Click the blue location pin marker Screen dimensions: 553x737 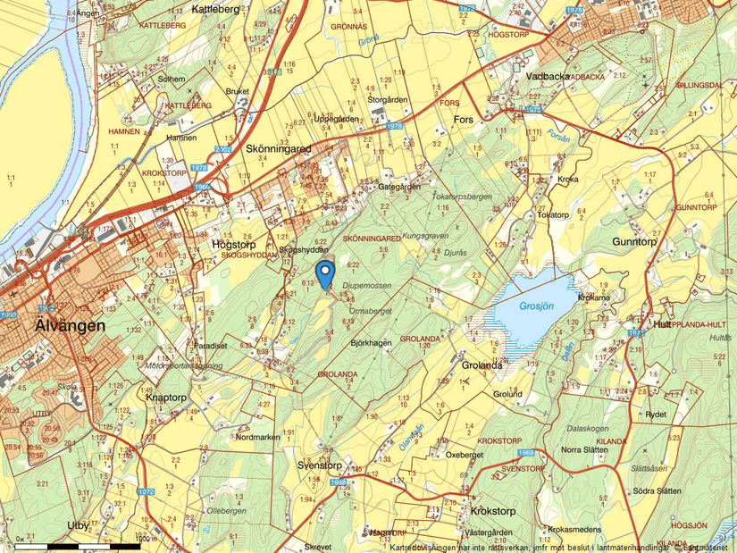click(x=325, y=272)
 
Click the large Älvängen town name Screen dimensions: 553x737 click(x=70, y=326)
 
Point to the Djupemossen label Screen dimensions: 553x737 click(x=365, y=285)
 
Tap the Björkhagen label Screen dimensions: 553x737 click(x=371, y=343)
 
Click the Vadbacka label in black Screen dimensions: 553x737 click(x=548, y=77)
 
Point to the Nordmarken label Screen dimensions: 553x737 click(x=258, y=437)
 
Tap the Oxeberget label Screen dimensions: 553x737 click(x=464, y=454)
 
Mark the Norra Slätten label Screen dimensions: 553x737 click(x=584, y=449)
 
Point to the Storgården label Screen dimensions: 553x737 click(x=387, y=99)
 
